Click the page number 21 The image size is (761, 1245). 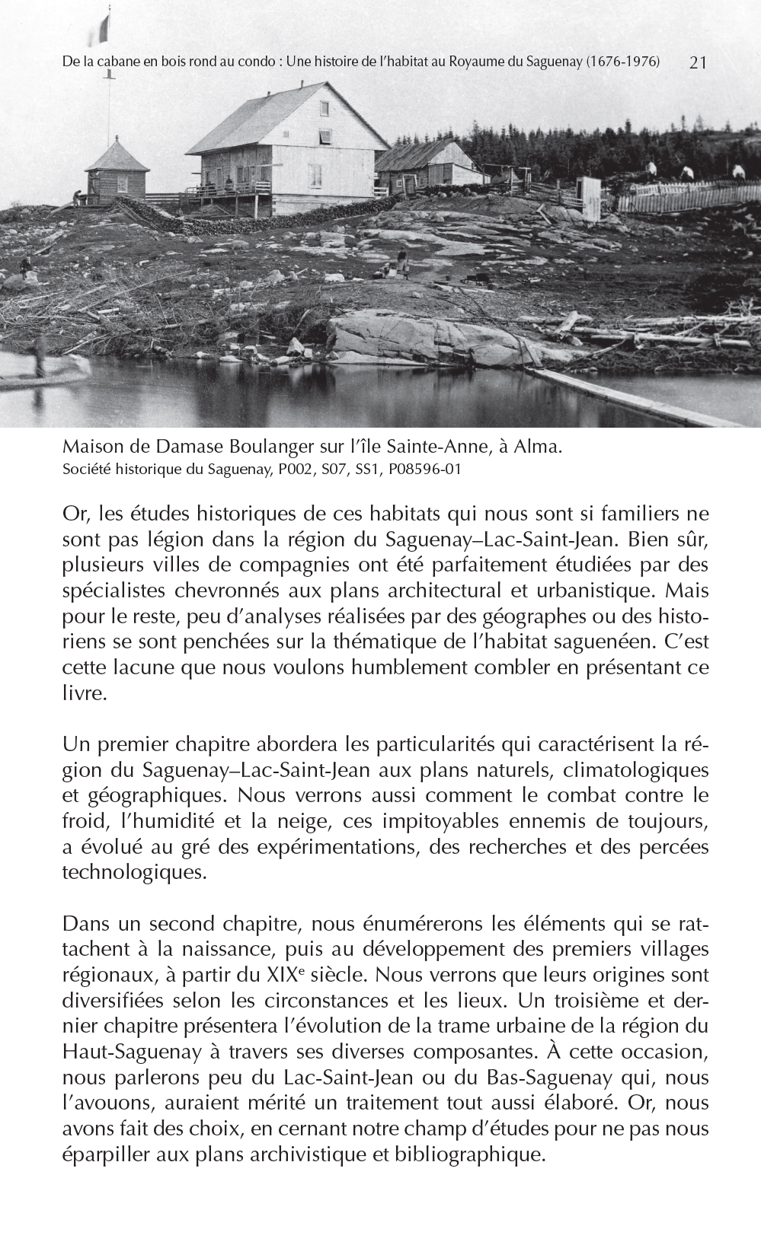[698, 62]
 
